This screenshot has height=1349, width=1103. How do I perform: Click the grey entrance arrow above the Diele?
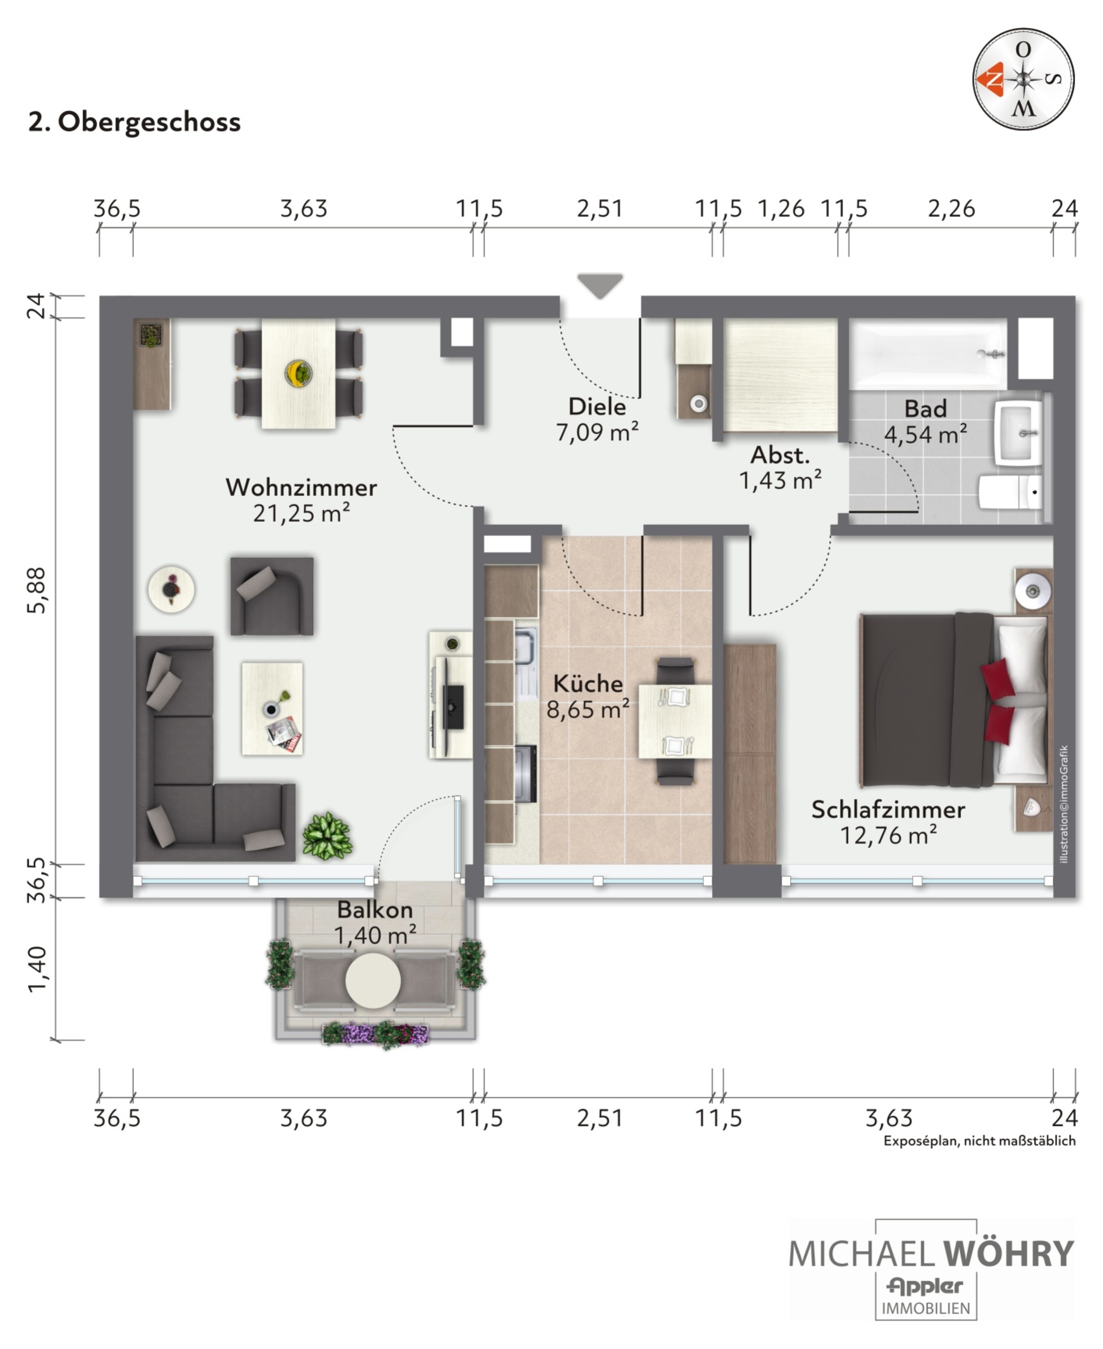(x=600, y=284)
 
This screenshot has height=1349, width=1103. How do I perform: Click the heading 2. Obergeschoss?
(x=135, y=122)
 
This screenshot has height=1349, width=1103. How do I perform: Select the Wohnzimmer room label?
(x=301, y=487)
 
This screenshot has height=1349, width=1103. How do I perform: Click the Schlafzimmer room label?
(x=888, y=809)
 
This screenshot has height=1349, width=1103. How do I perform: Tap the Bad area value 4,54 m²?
(x=926, y=435)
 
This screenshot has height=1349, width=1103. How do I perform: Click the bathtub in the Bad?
(x=928, y=354)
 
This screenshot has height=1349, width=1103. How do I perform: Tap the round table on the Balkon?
(x=373, y=981)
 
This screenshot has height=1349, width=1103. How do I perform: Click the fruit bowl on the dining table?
(x=298, y=373)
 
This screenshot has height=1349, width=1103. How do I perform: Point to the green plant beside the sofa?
(x=327, y=836)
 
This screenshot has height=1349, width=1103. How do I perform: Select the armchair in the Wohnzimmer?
(x=272, y=596)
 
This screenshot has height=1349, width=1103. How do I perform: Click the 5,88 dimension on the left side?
(x=37, y=590)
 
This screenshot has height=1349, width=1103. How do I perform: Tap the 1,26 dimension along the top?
(x=781, y=208)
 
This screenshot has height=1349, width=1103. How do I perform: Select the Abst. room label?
(x=780, y=455)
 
